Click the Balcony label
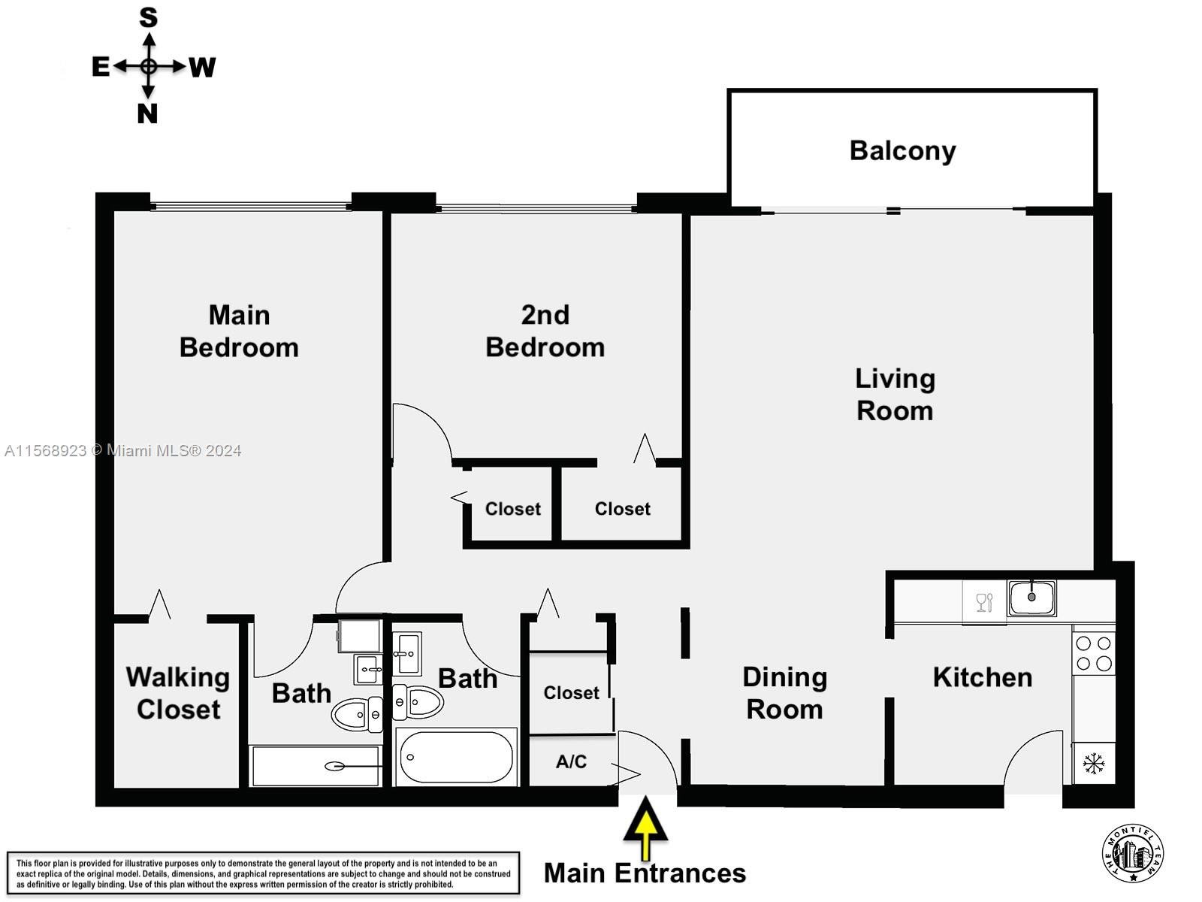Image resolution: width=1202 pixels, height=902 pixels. [x=902, y=151]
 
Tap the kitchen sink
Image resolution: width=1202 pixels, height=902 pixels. [x=1031, y=598]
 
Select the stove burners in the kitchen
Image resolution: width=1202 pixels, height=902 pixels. [x=1094, y=653]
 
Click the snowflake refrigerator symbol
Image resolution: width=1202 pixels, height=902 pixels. [x=1094, y=764]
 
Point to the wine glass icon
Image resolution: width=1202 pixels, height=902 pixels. [x=984, y=602]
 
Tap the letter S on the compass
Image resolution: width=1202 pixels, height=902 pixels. [x=149, y=17]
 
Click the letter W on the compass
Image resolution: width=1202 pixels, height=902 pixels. [x=202, y=68]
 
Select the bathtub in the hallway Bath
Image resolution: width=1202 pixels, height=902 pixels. [x=456, y=757]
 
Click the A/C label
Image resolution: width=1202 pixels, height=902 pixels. [x=571, y=762]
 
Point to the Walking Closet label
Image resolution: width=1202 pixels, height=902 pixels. [x=178, y=693]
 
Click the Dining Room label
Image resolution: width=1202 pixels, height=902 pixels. [x=784, y=693]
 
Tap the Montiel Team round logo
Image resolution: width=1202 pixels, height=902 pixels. [x=1133, y=854]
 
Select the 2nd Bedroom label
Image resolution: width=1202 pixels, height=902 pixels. [x=545, y=331]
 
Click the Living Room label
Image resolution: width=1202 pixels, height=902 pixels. [x=895, y=395]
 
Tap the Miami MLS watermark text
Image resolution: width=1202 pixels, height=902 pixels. [x=123, y=451]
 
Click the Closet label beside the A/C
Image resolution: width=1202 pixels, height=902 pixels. [x=571, y=693]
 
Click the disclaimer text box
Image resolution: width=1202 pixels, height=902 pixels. [x=263, y=873]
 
